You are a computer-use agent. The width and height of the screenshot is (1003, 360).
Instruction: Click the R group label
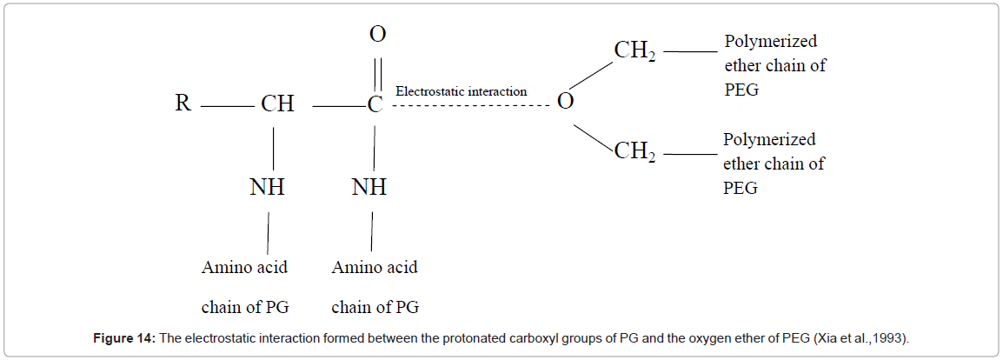pos(183,104)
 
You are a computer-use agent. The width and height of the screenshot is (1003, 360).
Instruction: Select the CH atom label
pos(277,104)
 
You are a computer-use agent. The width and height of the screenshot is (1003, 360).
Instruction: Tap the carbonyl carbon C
pos(375,105)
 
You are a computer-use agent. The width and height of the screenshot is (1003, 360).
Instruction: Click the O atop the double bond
pos(377,35)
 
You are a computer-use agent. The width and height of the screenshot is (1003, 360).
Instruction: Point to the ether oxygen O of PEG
pos(565,103)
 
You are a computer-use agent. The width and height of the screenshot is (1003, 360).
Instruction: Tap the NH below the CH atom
pos(267,187)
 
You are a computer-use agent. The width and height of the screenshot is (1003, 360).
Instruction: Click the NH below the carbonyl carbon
pos(369,187)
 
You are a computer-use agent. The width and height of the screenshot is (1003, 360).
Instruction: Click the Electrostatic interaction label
pos(461,91)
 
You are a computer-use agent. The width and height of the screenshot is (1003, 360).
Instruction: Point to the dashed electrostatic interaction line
pos(469,106)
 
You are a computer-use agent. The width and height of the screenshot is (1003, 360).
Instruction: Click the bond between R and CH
pos(226,106)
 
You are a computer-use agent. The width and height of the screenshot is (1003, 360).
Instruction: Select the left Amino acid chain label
pos(244,287)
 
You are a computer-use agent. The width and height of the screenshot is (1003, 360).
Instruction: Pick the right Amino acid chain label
pos(375,287)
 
